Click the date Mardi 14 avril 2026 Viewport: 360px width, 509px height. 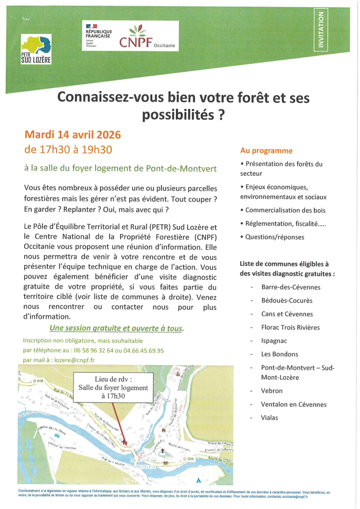point(73,135)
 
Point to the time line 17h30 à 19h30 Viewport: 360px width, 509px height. point(68,150)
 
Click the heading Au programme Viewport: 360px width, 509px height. point(266,151)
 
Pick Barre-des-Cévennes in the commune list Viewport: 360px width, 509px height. point(291,287)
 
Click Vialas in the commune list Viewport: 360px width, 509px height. point(269,417)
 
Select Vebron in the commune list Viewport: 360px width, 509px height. point(272,391)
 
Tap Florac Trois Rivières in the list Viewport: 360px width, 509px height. point(290,327)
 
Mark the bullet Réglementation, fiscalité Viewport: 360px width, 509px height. point(285,224)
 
